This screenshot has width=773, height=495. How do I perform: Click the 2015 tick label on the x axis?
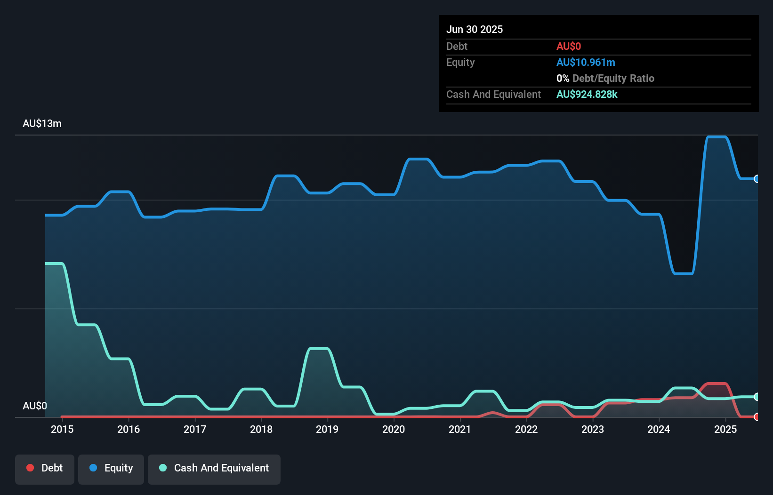[x=62, y=429]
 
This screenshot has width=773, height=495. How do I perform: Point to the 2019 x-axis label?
[x=327, y=429]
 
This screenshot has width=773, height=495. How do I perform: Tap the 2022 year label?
[x=526, y=429]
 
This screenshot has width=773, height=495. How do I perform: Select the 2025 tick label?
[x=725, y=429]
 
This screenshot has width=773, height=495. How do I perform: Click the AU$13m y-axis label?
[x=42, y=123]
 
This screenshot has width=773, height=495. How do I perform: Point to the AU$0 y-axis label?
[x=35, y=406]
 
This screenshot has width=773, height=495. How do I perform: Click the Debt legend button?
[x=45, y=468]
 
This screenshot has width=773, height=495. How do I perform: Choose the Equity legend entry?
[x=111, y=468]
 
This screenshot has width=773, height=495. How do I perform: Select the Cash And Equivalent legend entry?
[x=214, y=468]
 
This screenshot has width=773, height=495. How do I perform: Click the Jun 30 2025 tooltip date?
[x=475, y=29]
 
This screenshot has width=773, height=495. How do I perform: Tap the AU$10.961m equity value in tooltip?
[x=586, y=62]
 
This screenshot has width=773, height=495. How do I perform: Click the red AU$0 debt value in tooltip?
[x=569, y=46]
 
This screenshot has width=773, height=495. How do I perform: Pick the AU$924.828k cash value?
[x=587, y=94]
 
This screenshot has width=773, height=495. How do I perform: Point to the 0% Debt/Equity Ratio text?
[x=605, y=78]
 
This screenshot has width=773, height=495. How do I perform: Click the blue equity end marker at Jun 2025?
[x=757, y=179]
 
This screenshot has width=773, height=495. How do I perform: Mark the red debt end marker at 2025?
[x=757, y=417]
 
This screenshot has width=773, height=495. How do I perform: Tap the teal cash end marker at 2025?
[x=757, y=397]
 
